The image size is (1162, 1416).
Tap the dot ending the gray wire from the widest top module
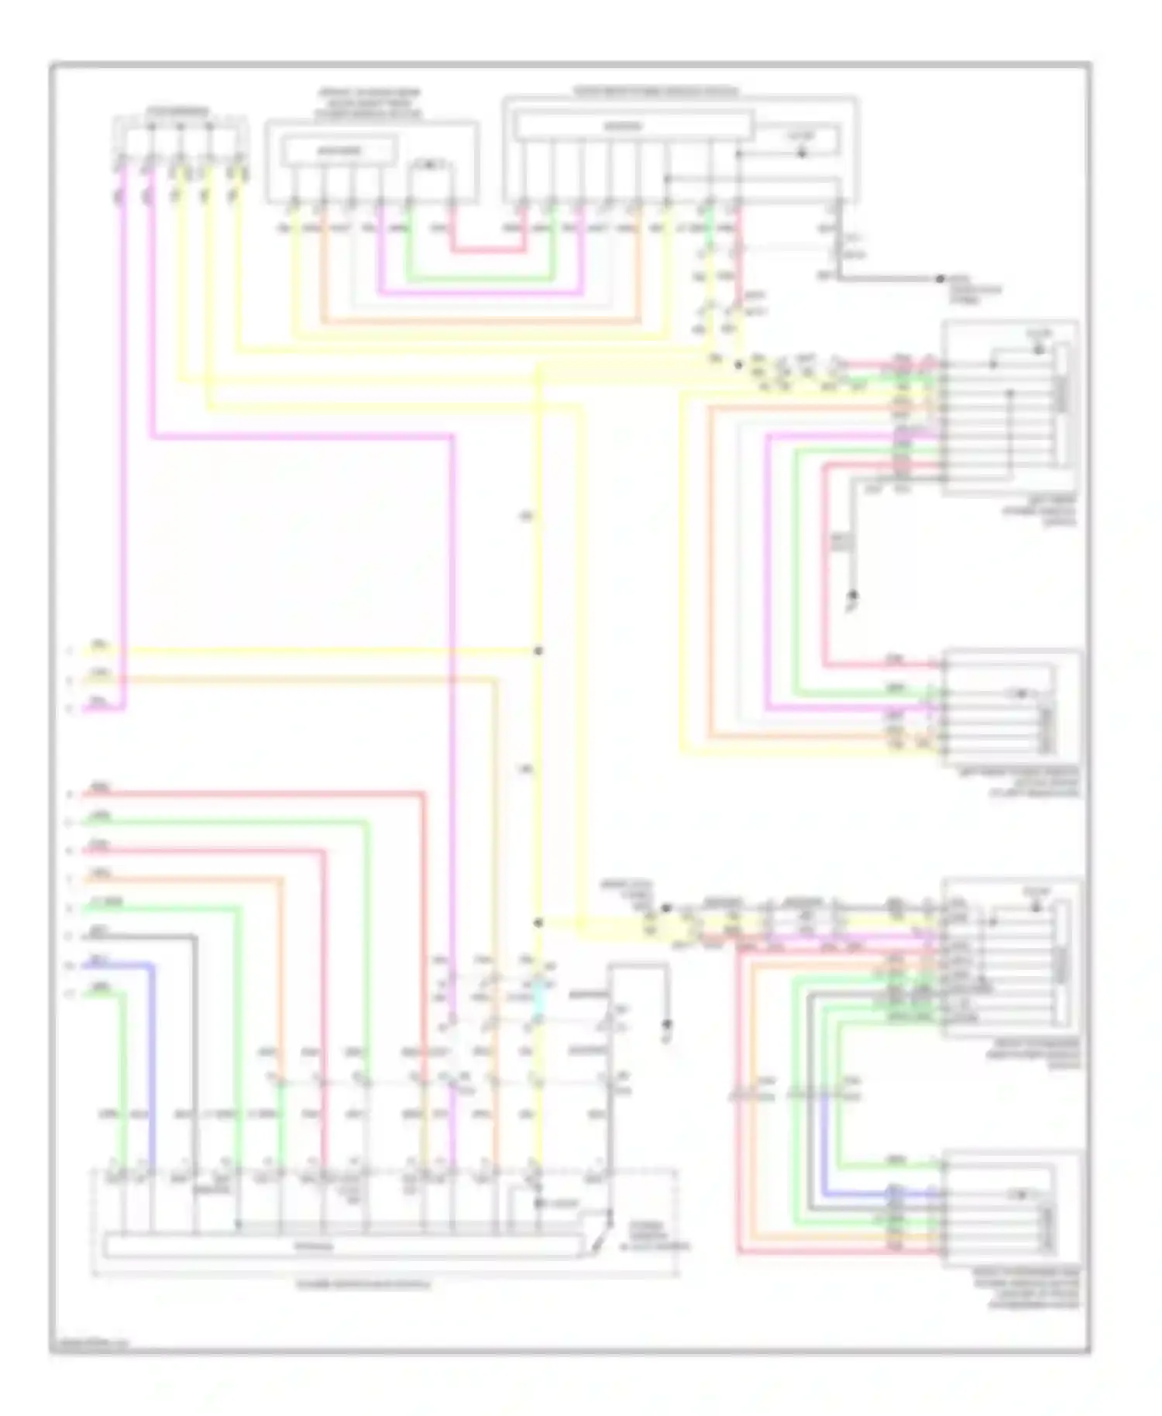[940, 278]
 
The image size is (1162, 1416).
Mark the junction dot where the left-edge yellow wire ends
[538, 651]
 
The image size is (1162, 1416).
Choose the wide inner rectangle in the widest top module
[634, 125]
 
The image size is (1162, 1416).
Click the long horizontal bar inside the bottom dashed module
[341, 1247]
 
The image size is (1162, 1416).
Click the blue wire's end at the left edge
[85, 965]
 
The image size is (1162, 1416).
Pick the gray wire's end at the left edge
[85, 937]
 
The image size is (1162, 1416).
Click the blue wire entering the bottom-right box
[868, 1194]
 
